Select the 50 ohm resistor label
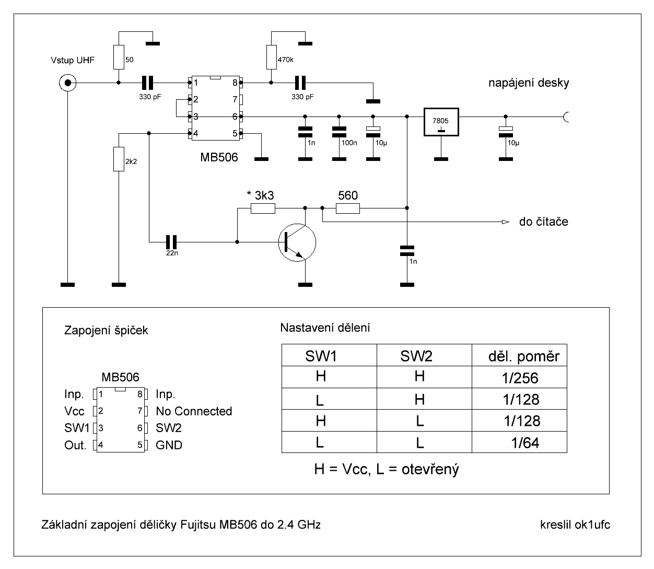130,60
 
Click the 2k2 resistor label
131,161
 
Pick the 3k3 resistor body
263,208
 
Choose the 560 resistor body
347,208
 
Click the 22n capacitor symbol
172,242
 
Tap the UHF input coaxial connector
67,83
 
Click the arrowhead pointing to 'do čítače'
505,222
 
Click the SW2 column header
416,356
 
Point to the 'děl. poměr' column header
523,356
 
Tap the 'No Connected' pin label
194,411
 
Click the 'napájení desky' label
529,83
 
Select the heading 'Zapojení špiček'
106,331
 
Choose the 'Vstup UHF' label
73,61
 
